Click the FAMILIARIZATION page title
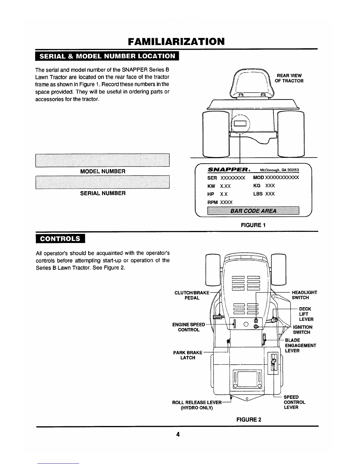tap(176, 41)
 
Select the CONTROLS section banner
tap(60, 238)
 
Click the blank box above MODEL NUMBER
tap(103, 160)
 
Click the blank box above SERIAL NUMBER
tap(103, 182)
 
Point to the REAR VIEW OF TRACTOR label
tap(289, 78)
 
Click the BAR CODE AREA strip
tap(253, 211)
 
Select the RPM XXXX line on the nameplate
tap(220, 202)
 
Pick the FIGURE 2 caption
tap(249, 420)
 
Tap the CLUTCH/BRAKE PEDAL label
tap(192, 295)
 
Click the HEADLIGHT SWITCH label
tap(304, 295)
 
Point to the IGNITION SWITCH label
tap(302, 329)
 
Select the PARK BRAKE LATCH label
tap(188, 355)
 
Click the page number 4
tap(178, 435)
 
